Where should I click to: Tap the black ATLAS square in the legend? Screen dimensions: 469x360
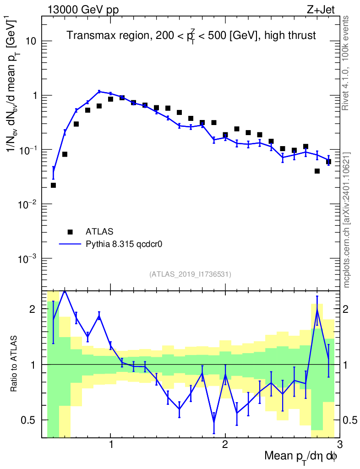click(x=70, y=231)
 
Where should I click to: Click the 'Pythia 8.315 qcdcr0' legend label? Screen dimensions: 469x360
click(x=125, y=244)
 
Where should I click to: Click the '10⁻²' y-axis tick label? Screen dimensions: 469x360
click(x=28, y=204)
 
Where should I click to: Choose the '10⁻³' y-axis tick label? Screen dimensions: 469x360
click(x=28, y=259)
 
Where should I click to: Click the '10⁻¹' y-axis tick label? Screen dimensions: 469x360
click(x=28, y=150)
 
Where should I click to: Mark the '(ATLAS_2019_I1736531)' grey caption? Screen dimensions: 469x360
click(x=190, y=274)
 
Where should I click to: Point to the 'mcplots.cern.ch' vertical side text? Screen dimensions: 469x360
click(x=347, y=220)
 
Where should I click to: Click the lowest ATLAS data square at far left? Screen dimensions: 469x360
click(x=53, y=185)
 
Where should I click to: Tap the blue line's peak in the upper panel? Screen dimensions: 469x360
click(x=99, y=92)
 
